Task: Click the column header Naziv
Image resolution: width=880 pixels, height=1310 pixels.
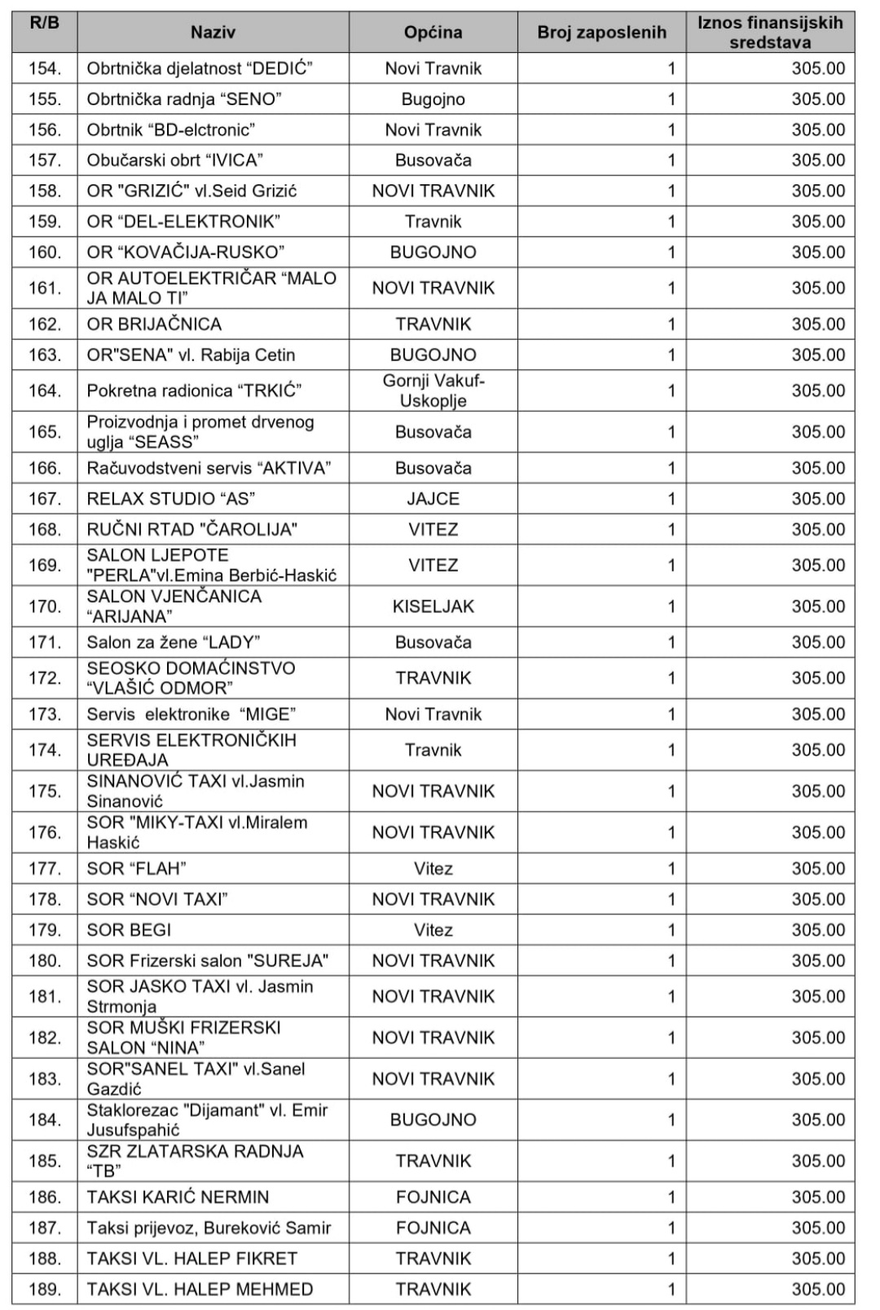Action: [213, 33]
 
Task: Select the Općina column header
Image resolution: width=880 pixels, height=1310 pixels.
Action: [433, 33]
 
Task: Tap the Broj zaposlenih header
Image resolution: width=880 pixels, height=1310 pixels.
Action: [601, 33]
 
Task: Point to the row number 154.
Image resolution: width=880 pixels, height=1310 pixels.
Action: [45, 68]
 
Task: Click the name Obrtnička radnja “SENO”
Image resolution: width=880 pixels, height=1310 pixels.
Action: [184, 99]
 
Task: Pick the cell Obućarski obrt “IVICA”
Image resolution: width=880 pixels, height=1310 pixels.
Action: [174, 161]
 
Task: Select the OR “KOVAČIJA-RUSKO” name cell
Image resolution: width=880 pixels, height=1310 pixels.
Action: [186, 253]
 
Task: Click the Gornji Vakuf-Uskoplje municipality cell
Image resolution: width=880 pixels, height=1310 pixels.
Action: [433, 391]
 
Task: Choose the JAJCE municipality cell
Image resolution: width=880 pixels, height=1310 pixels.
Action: [433, 499]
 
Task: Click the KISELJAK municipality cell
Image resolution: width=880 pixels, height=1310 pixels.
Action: [433, 606]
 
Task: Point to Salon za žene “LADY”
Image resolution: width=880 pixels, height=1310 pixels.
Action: [174, 642]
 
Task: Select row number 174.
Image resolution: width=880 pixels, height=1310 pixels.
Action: [45, 750]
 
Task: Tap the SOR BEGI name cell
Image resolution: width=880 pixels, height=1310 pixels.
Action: [129, 930]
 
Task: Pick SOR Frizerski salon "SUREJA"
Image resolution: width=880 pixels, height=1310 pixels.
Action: [207, 961]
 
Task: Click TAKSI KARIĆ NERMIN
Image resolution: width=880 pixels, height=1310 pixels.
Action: [178, 1198]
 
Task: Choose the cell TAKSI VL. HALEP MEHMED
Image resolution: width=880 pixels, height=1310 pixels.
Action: [200, 1290]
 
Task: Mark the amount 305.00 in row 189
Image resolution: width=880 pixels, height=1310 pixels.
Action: [818, 1290]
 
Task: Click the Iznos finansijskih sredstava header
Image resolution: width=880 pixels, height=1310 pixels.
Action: [770, 33]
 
